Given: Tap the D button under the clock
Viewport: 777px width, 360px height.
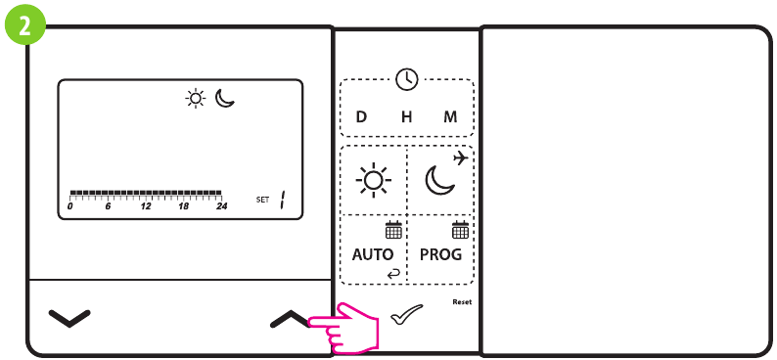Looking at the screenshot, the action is point(361,116).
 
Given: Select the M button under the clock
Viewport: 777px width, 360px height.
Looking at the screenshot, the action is point(450,116).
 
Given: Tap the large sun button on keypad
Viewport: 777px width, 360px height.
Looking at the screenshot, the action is point(373,181).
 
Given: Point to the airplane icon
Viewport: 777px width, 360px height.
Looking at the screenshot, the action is point(461,157).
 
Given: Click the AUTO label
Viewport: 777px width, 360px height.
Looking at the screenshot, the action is point(372,254).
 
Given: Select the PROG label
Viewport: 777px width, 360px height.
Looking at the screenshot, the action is point(440,254).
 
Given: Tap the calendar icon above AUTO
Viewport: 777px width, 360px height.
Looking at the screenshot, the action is point(393,231).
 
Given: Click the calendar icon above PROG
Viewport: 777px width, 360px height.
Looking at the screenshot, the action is point(460,231).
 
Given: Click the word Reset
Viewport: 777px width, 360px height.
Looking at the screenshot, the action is point(462,302).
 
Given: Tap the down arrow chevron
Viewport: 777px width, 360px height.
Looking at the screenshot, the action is point(69,318).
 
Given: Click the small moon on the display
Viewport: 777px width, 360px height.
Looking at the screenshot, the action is point(225,98).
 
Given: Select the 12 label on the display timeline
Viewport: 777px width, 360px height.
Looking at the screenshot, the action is point(146,207).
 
